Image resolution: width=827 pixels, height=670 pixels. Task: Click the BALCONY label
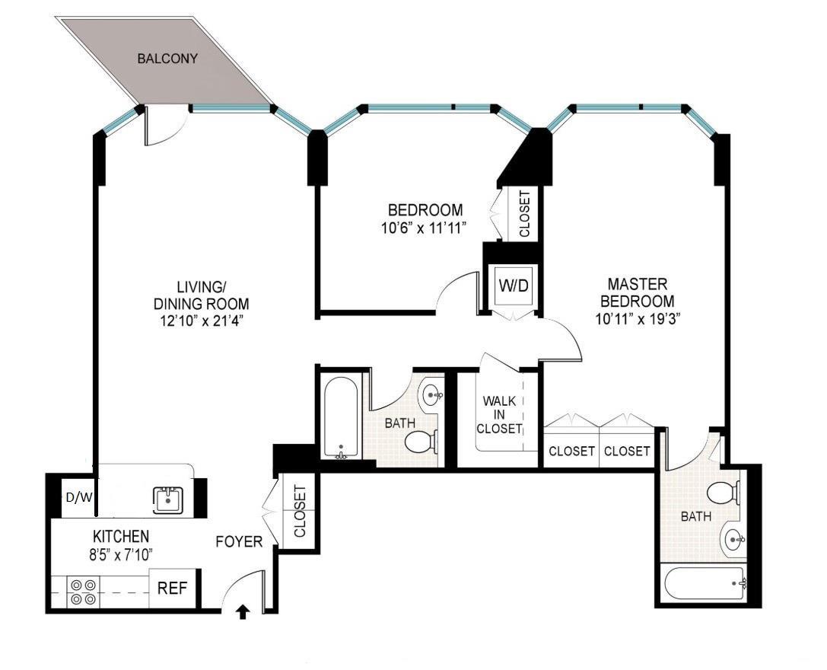(167, 59)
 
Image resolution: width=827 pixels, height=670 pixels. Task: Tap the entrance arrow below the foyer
(243, 611)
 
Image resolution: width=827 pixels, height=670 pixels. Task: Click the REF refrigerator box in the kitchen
(174, 588)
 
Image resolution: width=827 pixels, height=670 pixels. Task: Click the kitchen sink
(168, 500)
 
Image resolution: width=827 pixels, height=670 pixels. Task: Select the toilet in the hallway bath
(421, 441)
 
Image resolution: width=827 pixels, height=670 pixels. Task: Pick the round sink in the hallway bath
(433, 395)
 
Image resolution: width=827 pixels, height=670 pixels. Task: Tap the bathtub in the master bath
(705, 584)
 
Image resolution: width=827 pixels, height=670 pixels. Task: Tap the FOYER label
(239, 542)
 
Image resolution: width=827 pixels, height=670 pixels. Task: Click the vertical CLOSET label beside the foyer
(299, 512)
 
